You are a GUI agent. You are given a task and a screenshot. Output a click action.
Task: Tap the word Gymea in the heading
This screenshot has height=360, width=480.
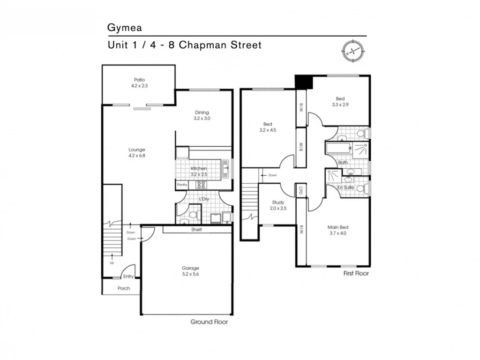pyautogui.click(x=124, y=28)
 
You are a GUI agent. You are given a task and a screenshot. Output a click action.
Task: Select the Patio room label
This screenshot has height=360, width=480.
pyautogui.click(x=139, y=83)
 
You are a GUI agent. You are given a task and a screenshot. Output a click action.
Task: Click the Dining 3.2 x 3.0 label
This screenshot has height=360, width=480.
pyautogui.click(x=202, y=115)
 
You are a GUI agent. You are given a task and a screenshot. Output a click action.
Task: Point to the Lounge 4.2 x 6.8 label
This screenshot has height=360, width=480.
pyautogui.click(x=137, y=152)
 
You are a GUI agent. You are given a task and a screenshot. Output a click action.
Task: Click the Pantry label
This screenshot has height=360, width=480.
pyautogui.click(x=182, y=185)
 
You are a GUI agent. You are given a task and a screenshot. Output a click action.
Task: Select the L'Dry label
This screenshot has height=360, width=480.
pyautogui.click(x=204, y=199)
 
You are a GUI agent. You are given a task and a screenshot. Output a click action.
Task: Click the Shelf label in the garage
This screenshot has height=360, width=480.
pyautogui.click(x=196, y=230)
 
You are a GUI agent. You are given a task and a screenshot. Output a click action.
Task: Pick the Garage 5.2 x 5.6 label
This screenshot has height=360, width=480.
pyautogui.click(x=190, y=271)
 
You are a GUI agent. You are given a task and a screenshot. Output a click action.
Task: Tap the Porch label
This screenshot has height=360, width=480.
pyautogui.click(x=124, y=288)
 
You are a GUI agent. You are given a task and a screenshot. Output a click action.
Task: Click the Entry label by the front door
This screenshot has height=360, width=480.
pyautogui.click(x=128, y=277)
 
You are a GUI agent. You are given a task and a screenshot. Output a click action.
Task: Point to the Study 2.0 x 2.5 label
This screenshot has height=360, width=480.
pyautogui.click(x=278, y=205)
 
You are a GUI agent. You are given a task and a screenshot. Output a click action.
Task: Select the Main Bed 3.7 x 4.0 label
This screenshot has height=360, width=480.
pyautogui.click(x=337, y=230)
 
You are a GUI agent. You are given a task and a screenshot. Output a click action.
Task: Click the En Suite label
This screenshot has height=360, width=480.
pyautogui.click(x=346, y=187)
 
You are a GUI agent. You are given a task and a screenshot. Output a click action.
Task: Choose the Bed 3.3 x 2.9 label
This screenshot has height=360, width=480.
pyautogui.click(x=340, y=102)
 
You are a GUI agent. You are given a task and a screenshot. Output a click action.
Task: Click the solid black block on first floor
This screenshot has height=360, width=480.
pyautogui.click(x=303, y=82)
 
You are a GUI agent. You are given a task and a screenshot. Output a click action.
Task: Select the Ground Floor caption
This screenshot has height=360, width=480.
pyautogui.click(x=209, y=322)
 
